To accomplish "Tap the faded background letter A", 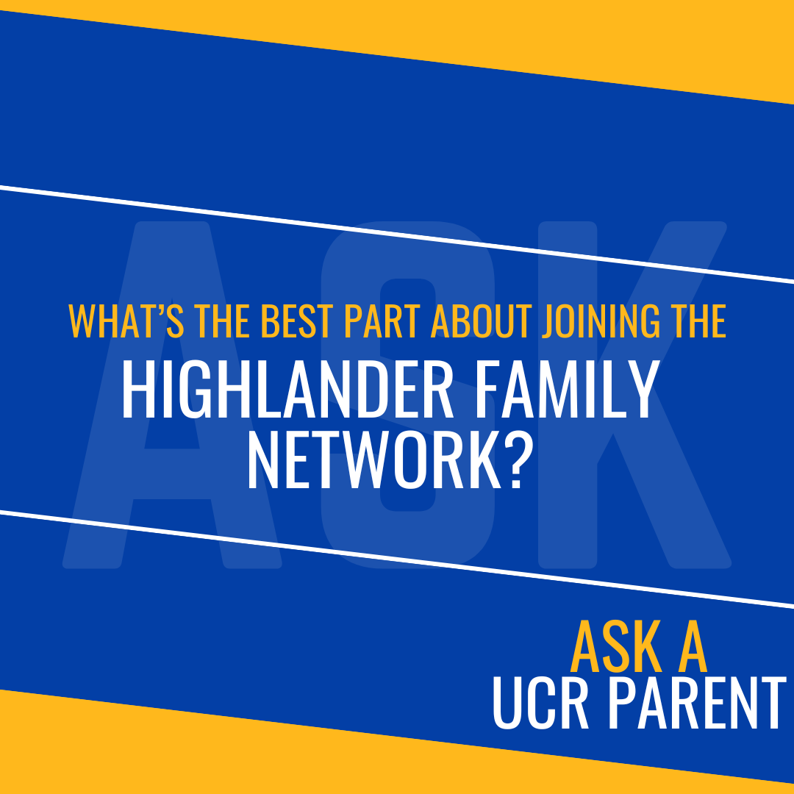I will tap(110, 515).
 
